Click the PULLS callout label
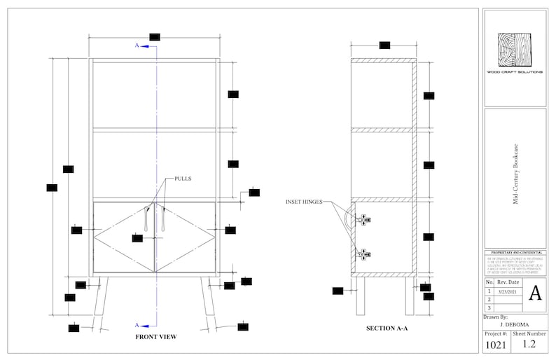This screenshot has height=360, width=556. [183, 179]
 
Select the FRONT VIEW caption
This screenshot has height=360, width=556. [155, 337]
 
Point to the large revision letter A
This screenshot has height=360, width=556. [535, 293]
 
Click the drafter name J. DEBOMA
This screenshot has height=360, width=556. [514, 325]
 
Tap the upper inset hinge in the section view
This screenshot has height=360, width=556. [363, 219]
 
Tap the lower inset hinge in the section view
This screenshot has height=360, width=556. [363, 254]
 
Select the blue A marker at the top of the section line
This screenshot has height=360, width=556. [137, 46]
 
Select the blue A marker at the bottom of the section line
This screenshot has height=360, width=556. [137, 325]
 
